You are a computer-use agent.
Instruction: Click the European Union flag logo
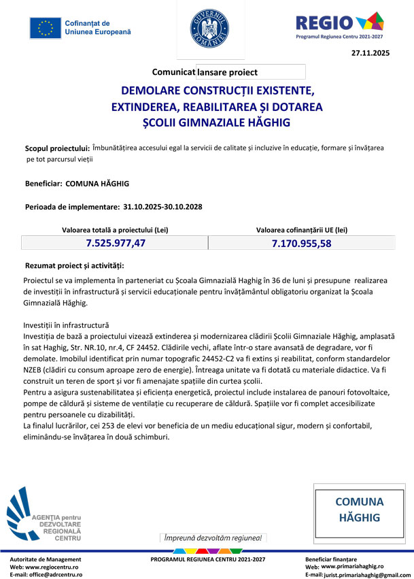click(46, 28)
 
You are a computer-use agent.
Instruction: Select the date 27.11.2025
click(370, 53)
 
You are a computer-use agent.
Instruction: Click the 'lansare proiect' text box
click(250, 71)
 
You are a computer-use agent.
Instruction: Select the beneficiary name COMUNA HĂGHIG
click(97, 184)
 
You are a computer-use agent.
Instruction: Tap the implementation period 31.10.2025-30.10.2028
click(162, 206)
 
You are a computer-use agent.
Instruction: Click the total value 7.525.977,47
click(116, 243)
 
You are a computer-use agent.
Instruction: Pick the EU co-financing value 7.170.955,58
click(301, 243)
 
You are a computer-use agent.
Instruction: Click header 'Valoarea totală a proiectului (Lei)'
click(115, 230)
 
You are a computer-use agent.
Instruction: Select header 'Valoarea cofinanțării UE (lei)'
click(301, 230)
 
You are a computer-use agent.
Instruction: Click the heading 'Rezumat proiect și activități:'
click(74, 265)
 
